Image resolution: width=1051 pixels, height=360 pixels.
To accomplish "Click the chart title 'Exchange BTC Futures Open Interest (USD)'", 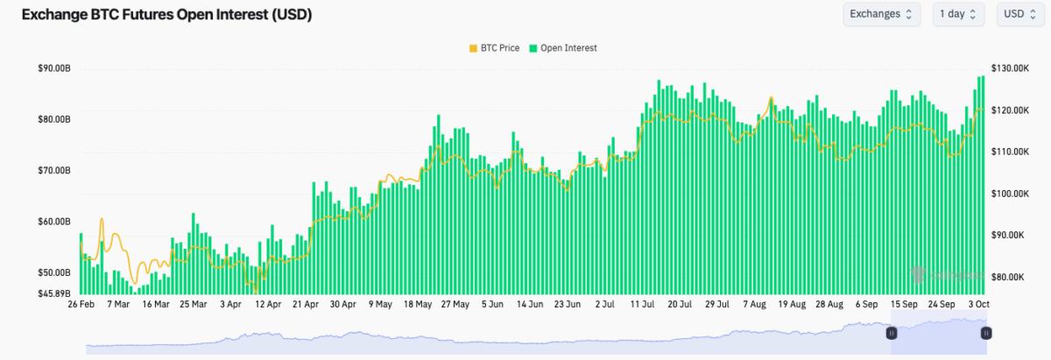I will click(x=166, y=15).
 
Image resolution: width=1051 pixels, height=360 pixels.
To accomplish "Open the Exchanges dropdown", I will click(x=882, y=14).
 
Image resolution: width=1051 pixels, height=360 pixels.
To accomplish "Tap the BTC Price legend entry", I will click(x=495, y=48).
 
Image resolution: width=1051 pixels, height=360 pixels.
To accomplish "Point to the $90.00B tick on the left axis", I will click(x=54, y=68).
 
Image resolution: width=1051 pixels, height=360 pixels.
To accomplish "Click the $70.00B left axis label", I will click(x=54, y=171).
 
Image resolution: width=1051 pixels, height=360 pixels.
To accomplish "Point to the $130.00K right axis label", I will click(x=1009, y=68).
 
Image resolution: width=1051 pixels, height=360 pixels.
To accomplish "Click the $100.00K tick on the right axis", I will click(x=1009, y=194).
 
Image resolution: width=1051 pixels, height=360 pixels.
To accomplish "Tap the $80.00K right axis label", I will click(x=1007, y=277).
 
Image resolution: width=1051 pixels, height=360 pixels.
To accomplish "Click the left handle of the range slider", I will click(x=892, y=333).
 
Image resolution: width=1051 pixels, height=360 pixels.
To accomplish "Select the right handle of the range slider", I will click(x=986, y=333).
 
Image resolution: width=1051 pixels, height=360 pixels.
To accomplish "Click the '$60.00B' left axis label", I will click(x=54, y=222).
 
